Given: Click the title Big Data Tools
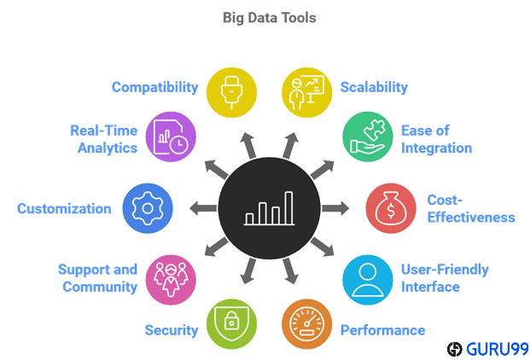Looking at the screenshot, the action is point(270,18).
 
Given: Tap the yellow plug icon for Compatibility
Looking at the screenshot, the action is point(231,92).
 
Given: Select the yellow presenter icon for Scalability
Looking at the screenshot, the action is point(307,92).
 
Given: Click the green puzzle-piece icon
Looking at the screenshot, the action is point(368,136).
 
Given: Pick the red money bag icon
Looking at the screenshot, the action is point(391,208).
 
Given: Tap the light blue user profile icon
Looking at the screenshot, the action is point(368,280).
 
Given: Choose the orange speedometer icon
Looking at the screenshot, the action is point(307,324).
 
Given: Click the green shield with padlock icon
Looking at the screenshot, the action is point(231,324).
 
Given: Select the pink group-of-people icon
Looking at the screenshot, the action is point(171,280).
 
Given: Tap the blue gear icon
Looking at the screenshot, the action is point(148,208).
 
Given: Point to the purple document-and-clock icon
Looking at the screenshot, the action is point(171,136).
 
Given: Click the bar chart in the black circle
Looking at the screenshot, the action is point(270,208).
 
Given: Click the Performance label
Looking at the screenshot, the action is point(382,330).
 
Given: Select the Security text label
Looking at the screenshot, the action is point(172,330).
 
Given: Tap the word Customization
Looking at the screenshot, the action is point(64,209).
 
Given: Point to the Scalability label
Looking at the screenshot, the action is point(374,87).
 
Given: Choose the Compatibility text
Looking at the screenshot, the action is point(154,87).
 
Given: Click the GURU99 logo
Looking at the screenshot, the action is point(487,349).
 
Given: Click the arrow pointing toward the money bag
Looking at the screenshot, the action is point(335,208).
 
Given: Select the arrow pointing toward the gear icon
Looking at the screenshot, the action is point(203,208).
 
